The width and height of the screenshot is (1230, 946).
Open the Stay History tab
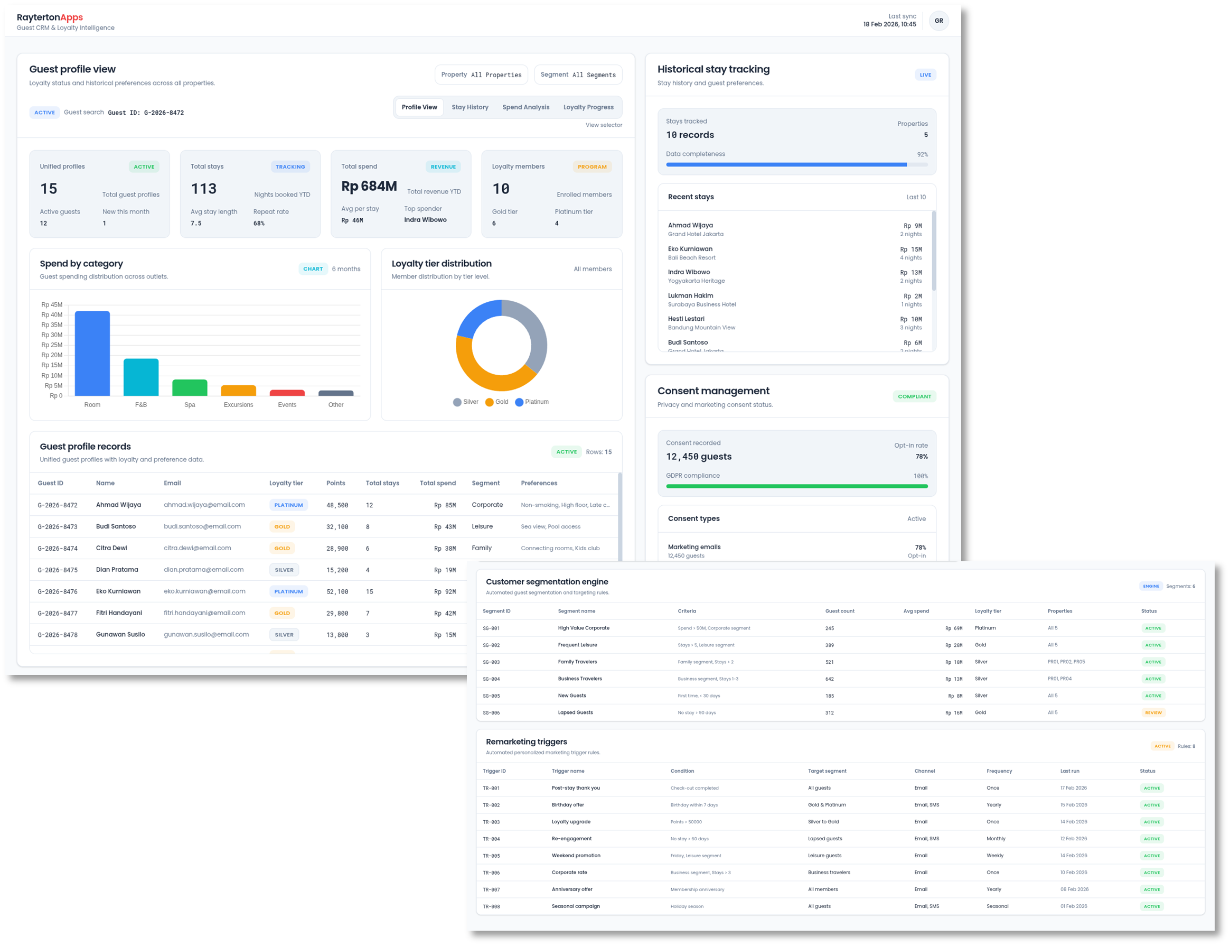pos(470,107)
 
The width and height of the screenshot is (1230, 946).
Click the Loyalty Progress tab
pos(588,107)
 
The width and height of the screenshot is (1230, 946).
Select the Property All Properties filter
pos(481,75)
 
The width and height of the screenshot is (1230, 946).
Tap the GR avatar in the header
pos(938,21)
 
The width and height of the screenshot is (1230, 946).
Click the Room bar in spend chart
pos(92,353)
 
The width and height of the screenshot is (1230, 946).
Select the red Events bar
pos(287,393)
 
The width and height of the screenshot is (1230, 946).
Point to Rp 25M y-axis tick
pos(52,345)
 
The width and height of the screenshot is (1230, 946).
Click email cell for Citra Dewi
pos(197,548)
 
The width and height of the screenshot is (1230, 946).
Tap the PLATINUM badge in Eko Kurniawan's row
pos(288,591)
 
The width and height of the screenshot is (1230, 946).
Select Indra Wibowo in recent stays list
pos(689,272)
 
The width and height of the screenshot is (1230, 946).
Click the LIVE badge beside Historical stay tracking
pos(925,75)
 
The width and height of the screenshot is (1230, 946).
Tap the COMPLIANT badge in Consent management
pos(914,396)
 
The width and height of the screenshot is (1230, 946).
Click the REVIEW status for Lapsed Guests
pos(1153,713)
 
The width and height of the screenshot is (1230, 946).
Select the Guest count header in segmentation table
pos(840,611)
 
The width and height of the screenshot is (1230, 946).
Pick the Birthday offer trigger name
pos(568,805)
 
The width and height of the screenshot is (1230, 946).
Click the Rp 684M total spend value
pos(369,187)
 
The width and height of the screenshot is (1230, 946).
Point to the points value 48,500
pos(337,505)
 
